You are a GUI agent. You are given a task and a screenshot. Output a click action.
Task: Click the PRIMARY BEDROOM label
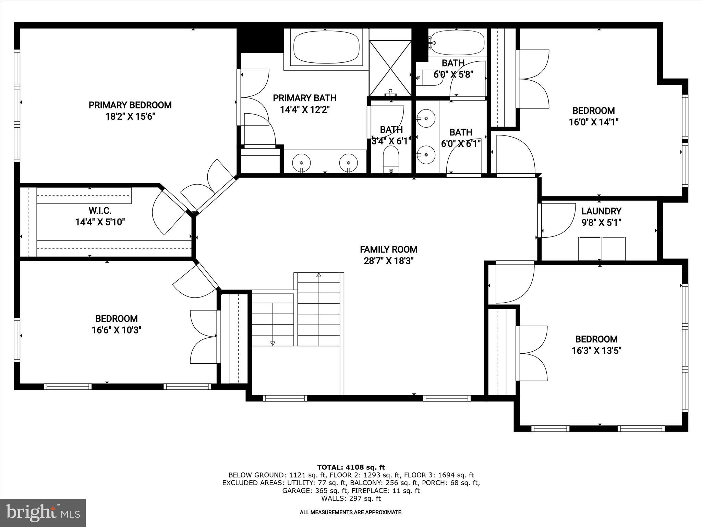click(130, 105)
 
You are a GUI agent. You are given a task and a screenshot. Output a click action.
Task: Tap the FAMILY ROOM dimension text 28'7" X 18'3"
click(388, 261)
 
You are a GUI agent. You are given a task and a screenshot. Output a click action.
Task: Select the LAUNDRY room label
click(601, 211)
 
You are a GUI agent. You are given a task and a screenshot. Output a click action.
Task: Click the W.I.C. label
click(100, 210)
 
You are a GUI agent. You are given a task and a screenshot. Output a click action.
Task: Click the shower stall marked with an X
click(390, 68)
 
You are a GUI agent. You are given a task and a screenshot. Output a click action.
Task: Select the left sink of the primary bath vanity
click(301, 162)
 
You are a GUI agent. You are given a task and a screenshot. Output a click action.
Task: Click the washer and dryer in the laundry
click(602, 248)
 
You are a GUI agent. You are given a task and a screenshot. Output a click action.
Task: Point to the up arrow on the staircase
click(319, 275)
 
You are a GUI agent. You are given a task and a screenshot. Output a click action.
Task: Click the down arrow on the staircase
click(273, 343)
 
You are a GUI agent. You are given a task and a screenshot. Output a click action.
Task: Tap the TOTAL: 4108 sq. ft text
click(351, 467)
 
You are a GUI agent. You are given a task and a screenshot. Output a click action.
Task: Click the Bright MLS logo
click(43, 513)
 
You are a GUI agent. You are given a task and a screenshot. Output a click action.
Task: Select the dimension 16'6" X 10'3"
click(117, 330)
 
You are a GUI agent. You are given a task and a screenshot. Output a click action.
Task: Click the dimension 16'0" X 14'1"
click(593, 122)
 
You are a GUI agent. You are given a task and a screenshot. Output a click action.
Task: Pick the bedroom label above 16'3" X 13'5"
click(596, 339)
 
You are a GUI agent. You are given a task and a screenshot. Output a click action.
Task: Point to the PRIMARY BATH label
click(304, 98)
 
